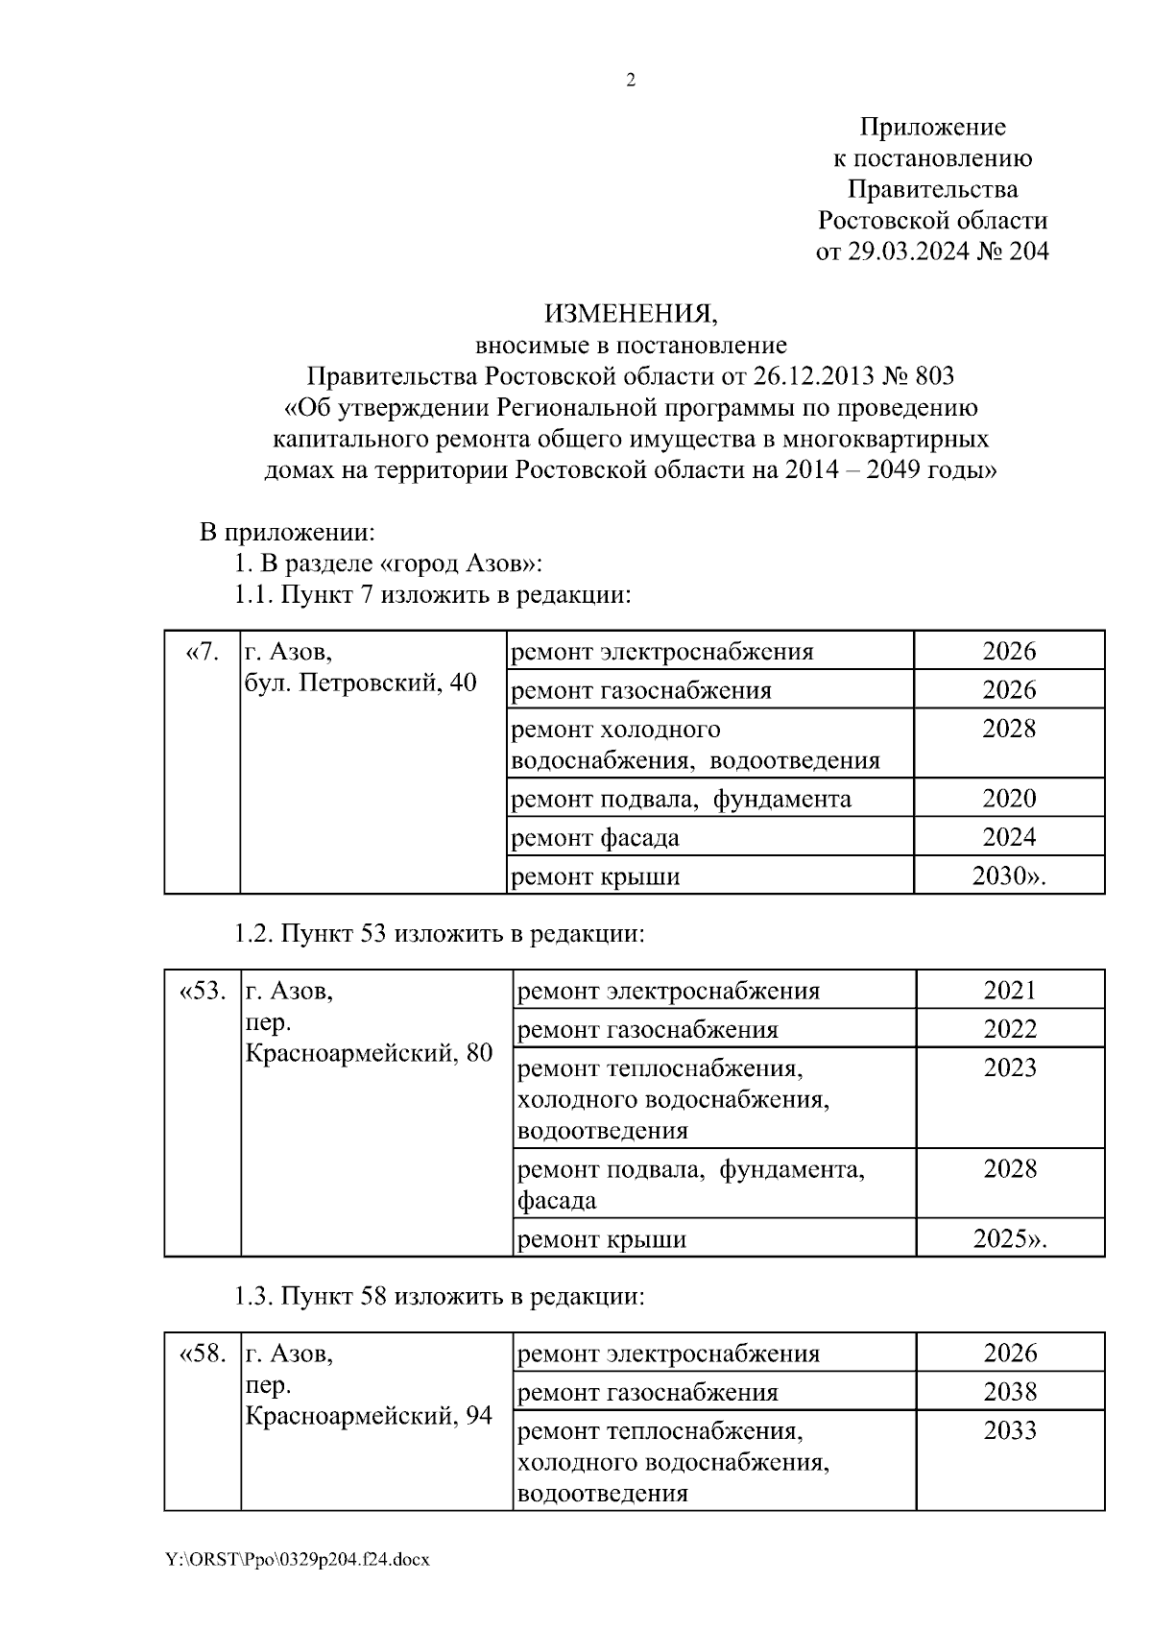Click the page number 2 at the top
tap(631, 81)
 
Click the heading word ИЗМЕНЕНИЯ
tap(631, 313)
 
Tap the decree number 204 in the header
tap(1028, 252)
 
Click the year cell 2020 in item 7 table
tap(1009, 798)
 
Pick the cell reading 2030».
tap(1009, 875)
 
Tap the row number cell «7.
tap(202, 653)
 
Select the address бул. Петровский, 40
tap(361, 683)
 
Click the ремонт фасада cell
tap(595, 837)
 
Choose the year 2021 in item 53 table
tap(1010, 990)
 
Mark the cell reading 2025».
tap(1010, 1238)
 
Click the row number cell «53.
tap(203, 991)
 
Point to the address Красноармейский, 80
tap(370, 1053)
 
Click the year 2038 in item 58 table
tap(1010, 1392)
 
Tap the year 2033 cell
tap(1010, 1430)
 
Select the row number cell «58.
tap(203, 1354)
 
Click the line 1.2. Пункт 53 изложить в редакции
tap(439, 933)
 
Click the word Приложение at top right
tap(932, 127)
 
